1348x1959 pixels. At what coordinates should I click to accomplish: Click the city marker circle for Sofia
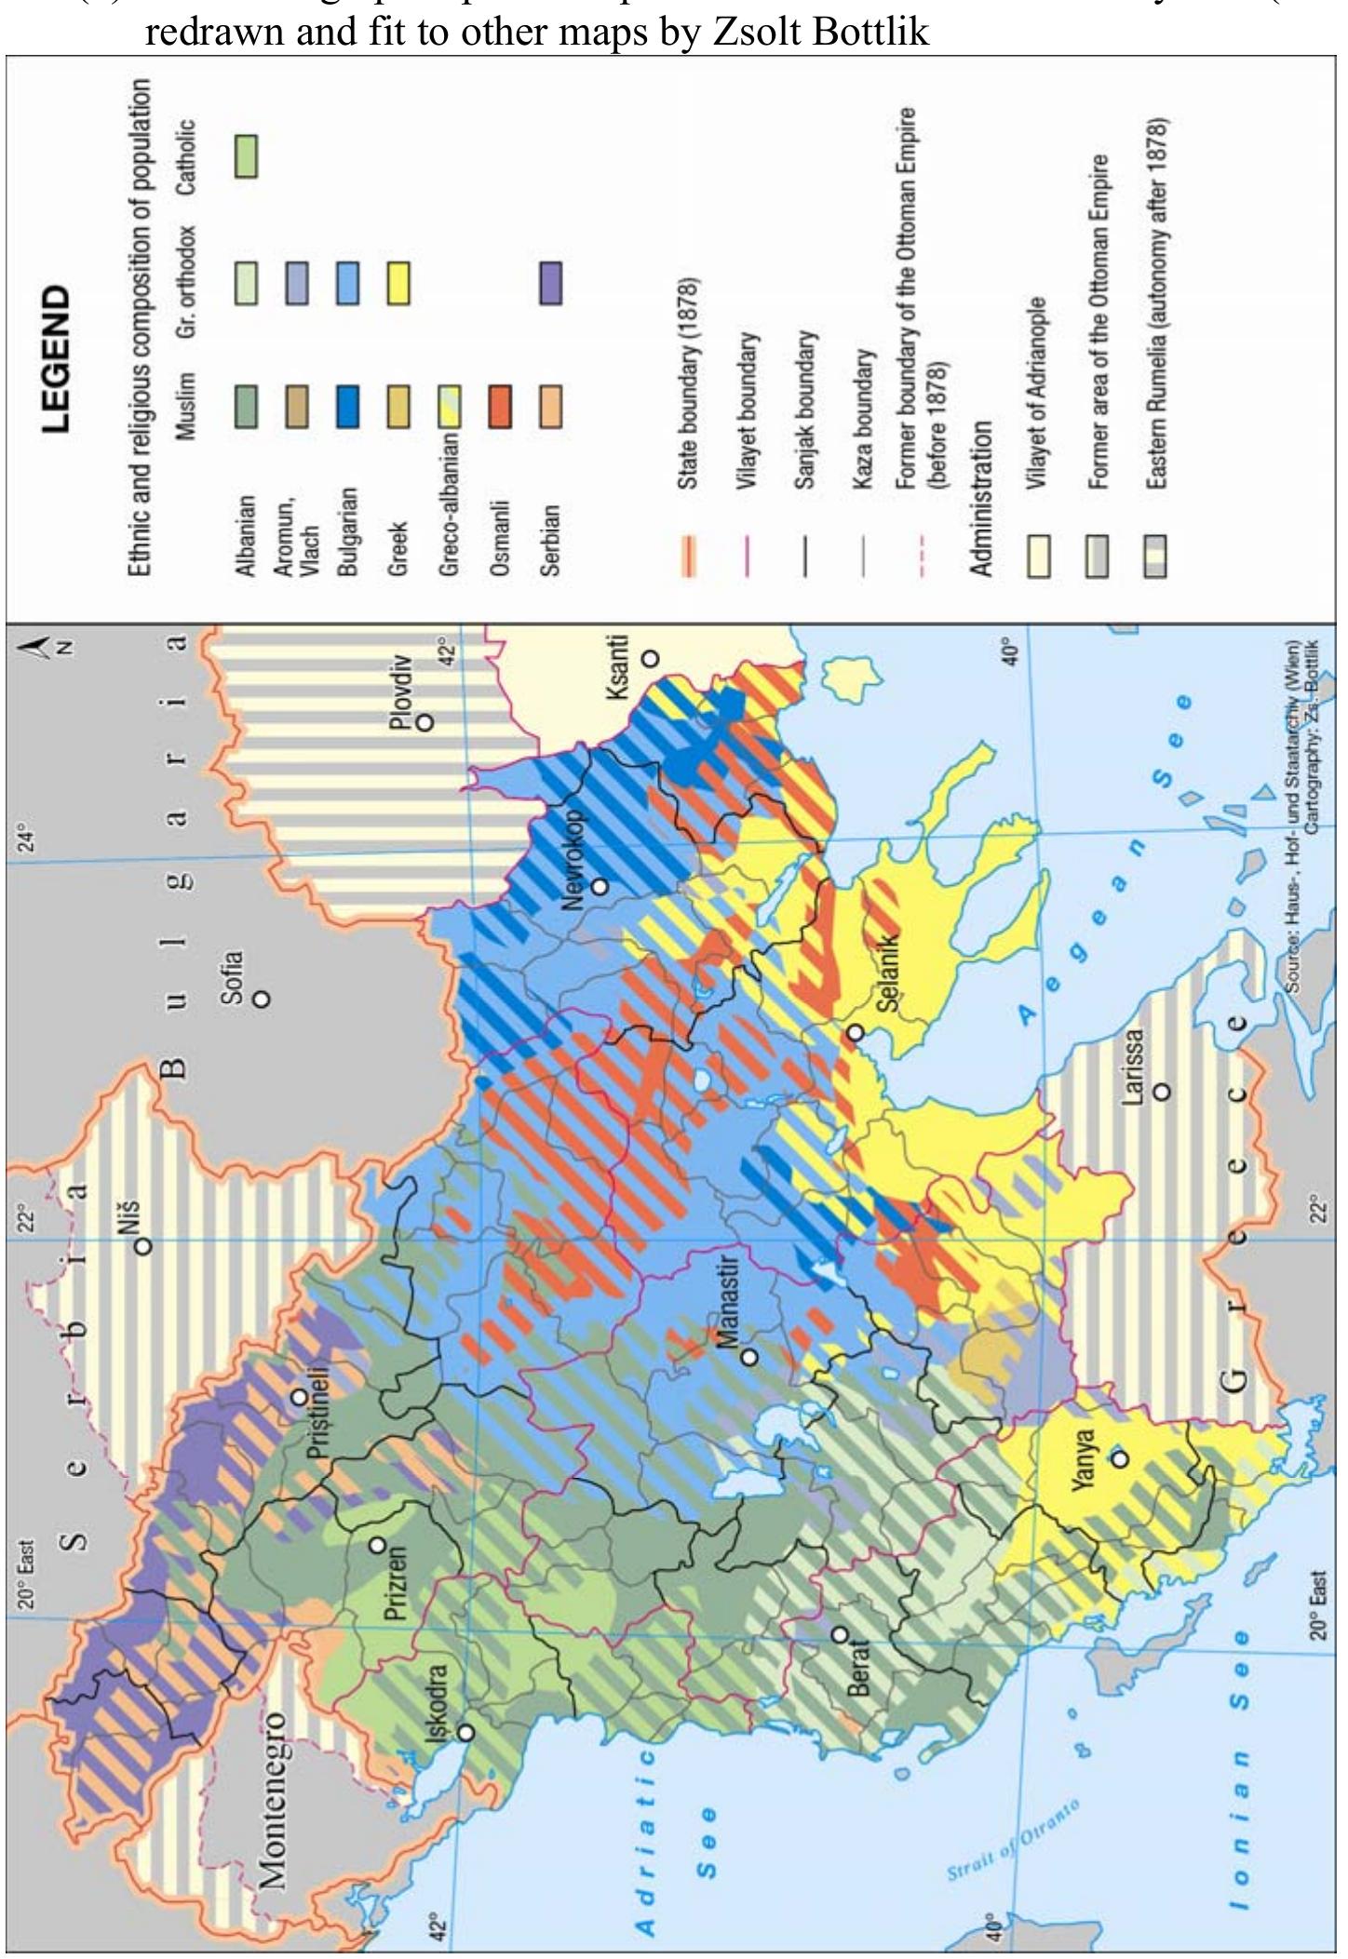(x=263, y=998)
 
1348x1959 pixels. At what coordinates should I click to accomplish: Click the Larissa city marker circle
(x=1161, y=1091)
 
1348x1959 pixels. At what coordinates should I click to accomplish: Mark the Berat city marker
(x=840, y=1634)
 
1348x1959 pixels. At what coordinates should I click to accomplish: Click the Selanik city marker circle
(x=855, y=1033)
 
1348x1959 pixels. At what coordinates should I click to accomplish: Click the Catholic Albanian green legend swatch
(x=247, y=156)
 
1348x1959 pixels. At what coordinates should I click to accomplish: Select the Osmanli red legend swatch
(x=500, y=407)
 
